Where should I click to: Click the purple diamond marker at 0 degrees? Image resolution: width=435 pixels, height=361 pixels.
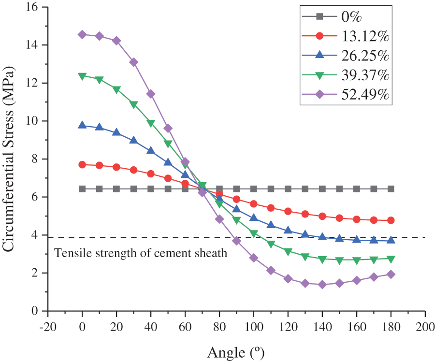(x=82, y=34)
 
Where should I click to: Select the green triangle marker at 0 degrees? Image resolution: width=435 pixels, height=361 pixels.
(x=82, y=76)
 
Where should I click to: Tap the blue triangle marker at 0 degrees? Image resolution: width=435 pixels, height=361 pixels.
(x=82, y=125)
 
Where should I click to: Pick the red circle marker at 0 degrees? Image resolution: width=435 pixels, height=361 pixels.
(x=82, y=165)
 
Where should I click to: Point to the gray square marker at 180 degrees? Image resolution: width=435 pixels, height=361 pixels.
(x=391, y=189)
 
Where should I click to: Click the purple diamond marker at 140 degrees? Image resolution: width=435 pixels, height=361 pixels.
(x=322, y=285)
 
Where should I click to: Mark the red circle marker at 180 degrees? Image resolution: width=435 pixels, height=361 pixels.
(x=391, y=220)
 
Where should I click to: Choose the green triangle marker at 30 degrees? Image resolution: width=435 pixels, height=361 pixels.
(x=134, y=104)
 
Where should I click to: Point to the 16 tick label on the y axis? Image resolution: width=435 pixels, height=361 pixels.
(x=34, y=7)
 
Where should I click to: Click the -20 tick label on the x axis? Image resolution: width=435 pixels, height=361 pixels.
(x=47, y=326)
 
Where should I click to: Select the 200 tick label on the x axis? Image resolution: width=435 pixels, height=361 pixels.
(x=425, y=326)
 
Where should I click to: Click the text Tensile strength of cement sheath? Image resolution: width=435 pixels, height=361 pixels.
(x=141, y=252)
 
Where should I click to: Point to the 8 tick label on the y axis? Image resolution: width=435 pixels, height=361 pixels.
(x=37, y=159)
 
